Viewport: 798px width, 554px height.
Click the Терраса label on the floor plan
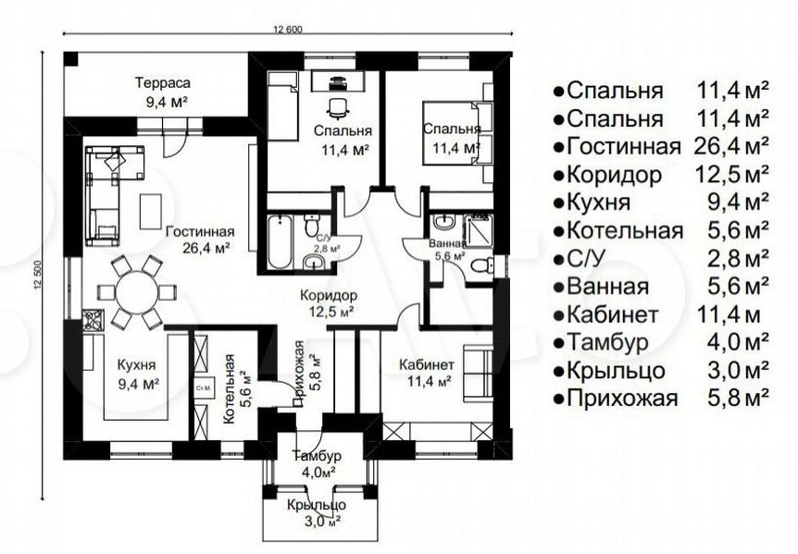[162, 82]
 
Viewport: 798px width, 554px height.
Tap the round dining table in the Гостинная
[137, 291]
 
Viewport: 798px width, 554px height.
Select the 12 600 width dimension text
[288, 30]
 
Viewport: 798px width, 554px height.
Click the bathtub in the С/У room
[279, 242]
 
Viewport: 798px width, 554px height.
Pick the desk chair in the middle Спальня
[337, 106]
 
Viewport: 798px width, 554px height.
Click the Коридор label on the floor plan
[328, 295]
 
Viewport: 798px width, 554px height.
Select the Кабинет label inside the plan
[427, 365]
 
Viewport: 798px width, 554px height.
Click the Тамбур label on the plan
[316, 456]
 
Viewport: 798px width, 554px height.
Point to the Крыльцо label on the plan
[316, 505]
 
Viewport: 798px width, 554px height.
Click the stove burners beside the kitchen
[94, 321]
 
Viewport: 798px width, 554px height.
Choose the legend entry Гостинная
[623, 146]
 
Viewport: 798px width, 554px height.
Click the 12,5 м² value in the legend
[731, 174]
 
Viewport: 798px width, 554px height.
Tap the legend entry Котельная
[625, 230]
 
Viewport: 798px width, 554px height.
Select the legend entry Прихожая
[622, 397]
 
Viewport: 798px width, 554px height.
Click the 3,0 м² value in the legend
[738, 370]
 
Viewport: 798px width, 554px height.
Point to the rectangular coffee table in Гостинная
[151, 211]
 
